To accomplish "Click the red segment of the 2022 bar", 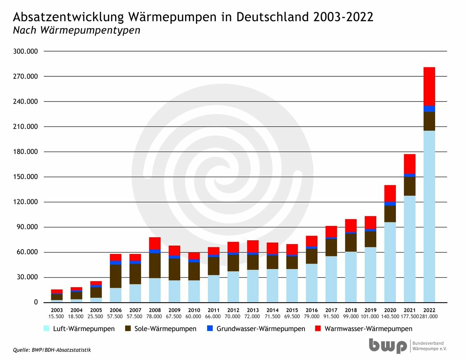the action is coord(429,86).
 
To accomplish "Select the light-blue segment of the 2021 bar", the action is coord(409,249).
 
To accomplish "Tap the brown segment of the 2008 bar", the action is coord(155,266).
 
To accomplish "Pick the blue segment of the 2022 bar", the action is coord(429,109).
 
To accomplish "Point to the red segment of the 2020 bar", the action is coord(390,193).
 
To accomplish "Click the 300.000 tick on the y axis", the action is coord(26,51).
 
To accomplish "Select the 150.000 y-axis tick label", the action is coord(26,177).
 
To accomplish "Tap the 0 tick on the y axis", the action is coord(36,302).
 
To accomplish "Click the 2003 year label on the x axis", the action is coord(57,310).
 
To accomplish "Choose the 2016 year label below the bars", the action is coord(312,310).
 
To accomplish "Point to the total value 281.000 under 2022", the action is coord(429,317).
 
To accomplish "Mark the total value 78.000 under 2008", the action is coord(154,317).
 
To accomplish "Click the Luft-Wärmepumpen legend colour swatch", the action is coord(46,328).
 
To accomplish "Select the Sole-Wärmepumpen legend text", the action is coord(165,329).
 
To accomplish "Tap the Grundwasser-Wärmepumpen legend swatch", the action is coord(210,328).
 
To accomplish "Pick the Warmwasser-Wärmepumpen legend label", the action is coord(368,329).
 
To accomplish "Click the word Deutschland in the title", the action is coord(273,17).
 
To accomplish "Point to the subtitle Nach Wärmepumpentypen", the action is coord(77,30).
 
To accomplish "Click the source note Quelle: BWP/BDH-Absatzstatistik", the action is coord(52,350).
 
